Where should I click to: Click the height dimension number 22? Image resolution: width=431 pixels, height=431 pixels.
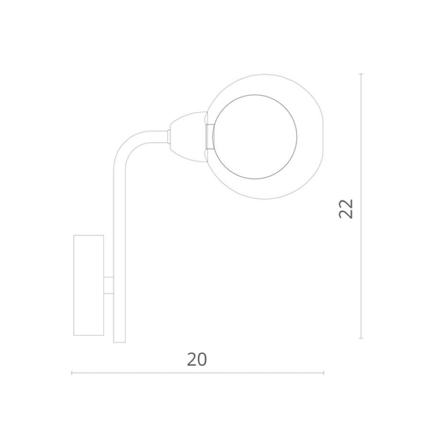coord(346,208)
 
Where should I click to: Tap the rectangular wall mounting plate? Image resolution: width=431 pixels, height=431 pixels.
coord(89,286)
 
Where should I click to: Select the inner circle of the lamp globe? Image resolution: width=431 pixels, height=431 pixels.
coord(255,137)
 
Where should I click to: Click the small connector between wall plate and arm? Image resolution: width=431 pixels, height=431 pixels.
coord(109,286)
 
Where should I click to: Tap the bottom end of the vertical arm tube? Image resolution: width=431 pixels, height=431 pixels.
coord(119,342)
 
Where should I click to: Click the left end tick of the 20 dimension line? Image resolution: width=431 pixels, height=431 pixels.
coord(72,373)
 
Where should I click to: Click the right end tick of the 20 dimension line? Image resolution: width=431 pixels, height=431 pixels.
coord(324,373)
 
